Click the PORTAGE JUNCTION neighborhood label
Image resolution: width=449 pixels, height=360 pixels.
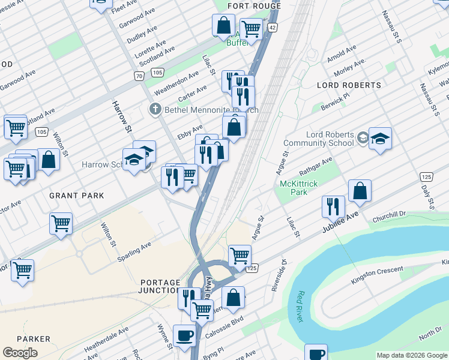(x=160, y=286)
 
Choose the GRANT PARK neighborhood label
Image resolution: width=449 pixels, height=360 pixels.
(x=77, y=196)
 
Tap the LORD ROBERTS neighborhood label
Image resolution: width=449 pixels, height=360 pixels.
(x=349, y=85)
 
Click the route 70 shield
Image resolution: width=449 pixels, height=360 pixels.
(x=139, y=76)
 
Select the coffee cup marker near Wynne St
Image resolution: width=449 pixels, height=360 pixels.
(x=184, y=335)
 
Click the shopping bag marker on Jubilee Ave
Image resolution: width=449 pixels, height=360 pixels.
(x=360, y=191)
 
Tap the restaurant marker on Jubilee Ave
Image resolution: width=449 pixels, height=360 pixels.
(x=333, y=206)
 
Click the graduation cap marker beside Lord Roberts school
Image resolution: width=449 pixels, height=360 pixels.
(x=380, y=139)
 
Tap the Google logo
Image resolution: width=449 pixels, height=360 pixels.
(x=20, y=353)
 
